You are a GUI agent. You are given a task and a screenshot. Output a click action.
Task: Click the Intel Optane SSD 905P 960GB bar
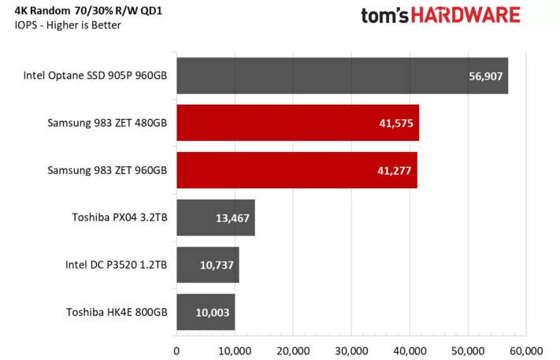[x=342, y=76]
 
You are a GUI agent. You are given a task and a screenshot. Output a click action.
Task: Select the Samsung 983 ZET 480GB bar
[x=297, y=124]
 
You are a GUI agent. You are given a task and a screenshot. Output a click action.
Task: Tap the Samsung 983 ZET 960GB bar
[x=296, y=170]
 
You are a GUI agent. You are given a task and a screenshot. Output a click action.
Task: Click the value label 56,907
[x=485, y=77]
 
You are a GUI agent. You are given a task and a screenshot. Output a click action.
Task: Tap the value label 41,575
[x=397, y=124]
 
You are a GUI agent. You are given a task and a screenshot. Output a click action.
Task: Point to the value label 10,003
[x=211, y=313]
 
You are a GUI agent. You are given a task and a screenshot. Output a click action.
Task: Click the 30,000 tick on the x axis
[x=351, y=349]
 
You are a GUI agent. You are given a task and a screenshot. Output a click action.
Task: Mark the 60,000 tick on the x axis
[x=525, y=349]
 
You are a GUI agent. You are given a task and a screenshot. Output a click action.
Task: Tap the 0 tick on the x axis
[x=176, y=349]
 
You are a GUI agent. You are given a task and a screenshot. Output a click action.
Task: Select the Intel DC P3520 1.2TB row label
[x=116, y=265]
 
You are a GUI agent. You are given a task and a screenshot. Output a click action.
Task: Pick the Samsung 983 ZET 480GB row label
[x=107, y=124]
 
